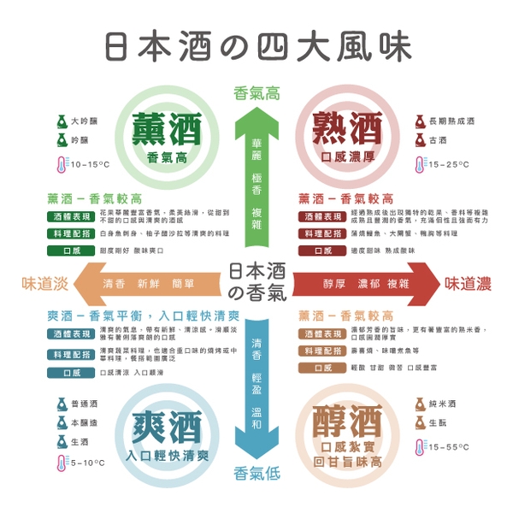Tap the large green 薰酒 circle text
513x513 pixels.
point(167,128)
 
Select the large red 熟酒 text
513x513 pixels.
point(346,128)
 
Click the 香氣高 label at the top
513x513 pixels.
point(256,93)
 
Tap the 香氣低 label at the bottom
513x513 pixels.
point(256,472)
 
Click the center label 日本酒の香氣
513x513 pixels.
point(256,283)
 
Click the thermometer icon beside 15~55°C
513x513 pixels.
point(419,446)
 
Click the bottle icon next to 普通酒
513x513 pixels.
point(61,403)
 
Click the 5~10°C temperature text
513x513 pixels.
point(88,463)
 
